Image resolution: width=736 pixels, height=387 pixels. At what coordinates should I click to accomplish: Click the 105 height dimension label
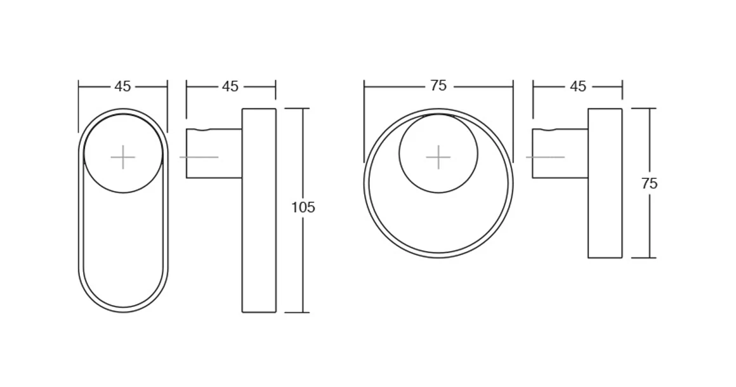point(303,207)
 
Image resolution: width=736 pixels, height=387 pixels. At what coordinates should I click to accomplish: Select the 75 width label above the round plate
point(438,86)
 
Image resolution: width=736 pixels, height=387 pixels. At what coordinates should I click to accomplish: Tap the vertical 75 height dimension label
point(649,184)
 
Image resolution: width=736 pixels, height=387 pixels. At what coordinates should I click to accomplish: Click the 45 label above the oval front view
point(122,86)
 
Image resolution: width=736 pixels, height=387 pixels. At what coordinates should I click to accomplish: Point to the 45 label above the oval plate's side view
point(230,86)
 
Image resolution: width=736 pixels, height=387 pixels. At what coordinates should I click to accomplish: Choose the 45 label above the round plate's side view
point(578,86)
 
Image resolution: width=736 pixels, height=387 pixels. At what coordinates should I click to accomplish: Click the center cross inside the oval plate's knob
point(123,157)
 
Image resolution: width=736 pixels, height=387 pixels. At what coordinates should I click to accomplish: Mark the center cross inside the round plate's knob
point(438,157)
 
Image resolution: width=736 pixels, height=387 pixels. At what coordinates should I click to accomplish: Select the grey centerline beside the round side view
point(545,157)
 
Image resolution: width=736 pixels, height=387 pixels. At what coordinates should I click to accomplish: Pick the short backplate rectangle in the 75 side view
point(605,209)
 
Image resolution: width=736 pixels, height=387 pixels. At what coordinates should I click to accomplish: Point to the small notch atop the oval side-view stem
point(202,130)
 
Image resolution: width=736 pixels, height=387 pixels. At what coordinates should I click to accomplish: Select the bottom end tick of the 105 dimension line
point(297,312)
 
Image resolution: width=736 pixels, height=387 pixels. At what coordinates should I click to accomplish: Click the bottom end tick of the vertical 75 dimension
point(643,258)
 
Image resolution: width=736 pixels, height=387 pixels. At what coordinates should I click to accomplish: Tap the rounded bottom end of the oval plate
point(123,310)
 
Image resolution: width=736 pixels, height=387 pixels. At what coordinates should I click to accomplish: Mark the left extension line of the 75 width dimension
point(364,121)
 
